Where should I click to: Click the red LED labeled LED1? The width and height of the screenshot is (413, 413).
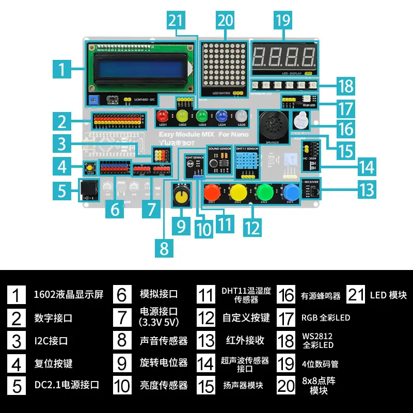tap(163, 116)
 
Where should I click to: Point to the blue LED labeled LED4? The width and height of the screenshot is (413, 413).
tap(223, 116)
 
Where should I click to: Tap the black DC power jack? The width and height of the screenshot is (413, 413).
tap(88, 190)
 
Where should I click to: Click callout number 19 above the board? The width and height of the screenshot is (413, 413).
tap(283, 20)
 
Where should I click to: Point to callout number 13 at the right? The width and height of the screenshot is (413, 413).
tap(366, 189)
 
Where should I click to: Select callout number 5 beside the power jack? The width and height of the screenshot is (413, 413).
tap(62, 191)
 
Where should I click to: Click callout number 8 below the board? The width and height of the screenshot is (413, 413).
tap(164, 248)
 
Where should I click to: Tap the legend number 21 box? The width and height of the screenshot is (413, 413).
tap(356, 295)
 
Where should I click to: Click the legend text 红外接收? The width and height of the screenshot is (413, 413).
tap(245, 341)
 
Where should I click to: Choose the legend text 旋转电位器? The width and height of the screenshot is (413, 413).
tap(164, 363)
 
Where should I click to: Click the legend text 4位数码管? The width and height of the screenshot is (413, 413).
tap(320, 363)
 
